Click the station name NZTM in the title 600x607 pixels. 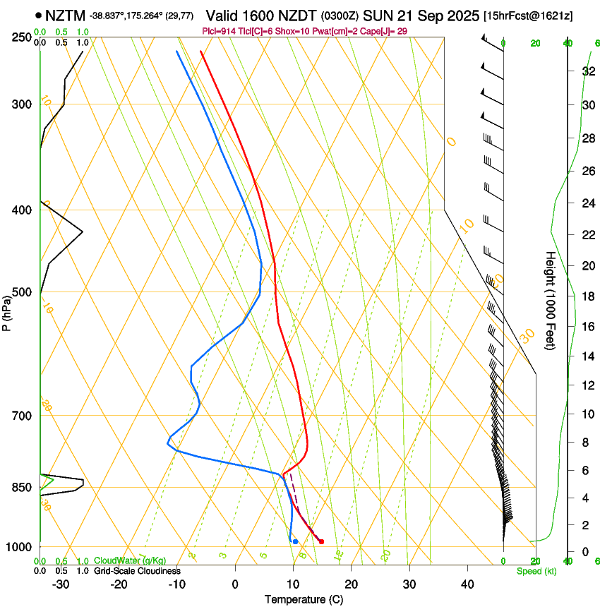pos(65,16)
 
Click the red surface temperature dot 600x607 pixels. pos(321,542)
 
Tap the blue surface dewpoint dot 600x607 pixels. pos(295,541)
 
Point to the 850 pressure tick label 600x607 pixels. pos(23,488)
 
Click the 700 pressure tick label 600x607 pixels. pos(23,416)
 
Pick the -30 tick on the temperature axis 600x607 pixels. pos(61,584)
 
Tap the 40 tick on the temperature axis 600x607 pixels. pos(467,584)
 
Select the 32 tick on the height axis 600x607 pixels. pos(587,71)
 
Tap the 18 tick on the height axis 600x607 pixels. pos(587,296)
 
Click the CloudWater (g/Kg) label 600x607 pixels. pos(126,560)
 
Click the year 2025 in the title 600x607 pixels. pos(457,16)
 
